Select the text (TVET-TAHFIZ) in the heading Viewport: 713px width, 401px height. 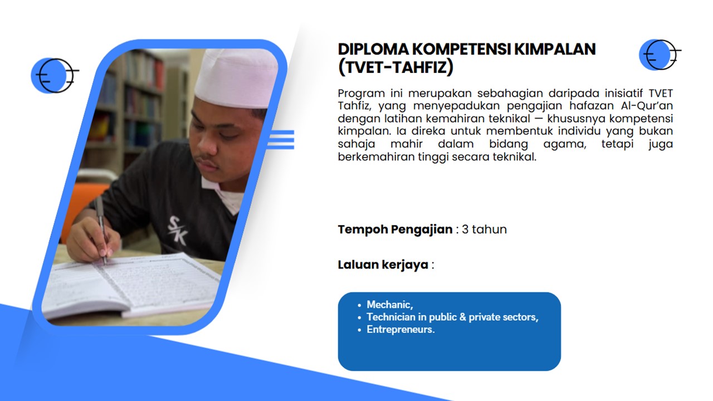(395, 67)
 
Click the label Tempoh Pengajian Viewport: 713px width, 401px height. (395, 229)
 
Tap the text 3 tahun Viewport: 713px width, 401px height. (484, 229)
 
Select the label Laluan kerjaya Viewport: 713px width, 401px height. (383, 265)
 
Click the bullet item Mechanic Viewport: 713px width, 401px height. (389, 305)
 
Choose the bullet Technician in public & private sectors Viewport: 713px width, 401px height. (452, 317)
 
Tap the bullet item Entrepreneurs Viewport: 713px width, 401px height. (401, 329)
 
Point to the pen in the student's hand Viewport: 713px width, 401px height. (101, 230)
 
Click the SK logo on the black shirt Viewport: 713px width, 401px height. (178, 231)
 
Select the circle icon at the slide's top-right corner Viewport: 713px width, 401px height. (659, 55)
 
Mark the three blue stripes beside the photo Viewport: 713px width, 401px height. (281, 139)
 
